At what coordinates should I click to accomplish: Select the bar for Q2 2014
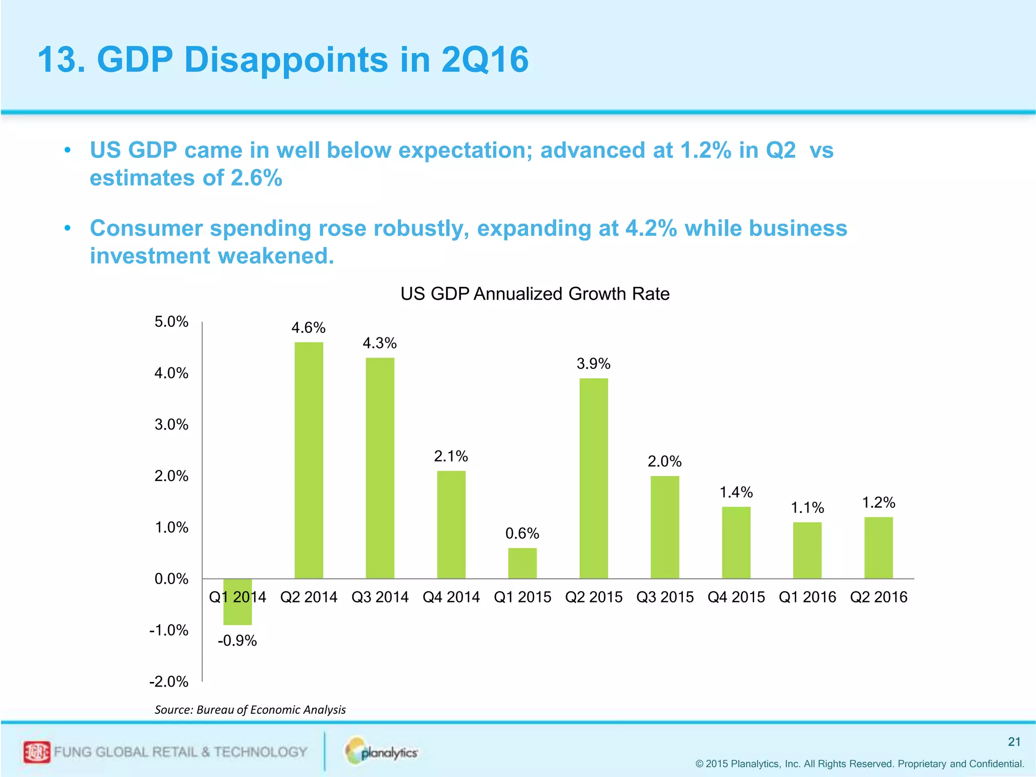(309, 460)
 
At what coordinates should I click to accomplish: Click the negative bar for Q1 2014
(237, 602)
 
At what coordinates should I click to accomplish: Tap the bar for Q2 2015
(593, 478)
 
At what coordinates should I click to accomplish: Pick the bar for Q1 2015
(522, 563)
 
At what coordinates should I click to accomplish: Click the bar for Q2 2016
(878, 548)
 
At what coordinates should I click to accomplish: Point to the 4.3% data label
(379, 343)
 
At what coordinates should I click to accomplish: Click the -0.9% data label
(237, 641)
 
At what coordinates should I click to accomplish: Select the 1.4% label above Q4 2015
(736, 492)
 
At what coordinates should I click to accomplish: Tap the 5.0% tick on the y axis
(171, 322)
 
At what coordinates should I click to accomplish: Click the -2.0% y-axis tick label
(168, 682)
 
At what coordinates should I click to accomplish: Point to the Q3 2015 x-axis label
(665, 597)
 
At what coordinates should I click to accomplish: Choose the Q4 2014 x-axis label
(451, 597)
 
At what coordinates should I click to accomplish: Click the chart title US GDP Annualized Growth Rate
(535, 294)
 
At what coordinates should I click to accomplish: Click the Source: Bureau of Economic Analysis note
(250, 710)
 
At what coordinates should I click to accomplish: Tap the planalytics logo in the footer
(382, 752)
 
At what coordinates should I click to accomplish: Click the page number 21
(1014, 742)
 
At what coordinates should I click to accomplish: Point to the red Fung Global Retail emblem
(37, 752)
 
